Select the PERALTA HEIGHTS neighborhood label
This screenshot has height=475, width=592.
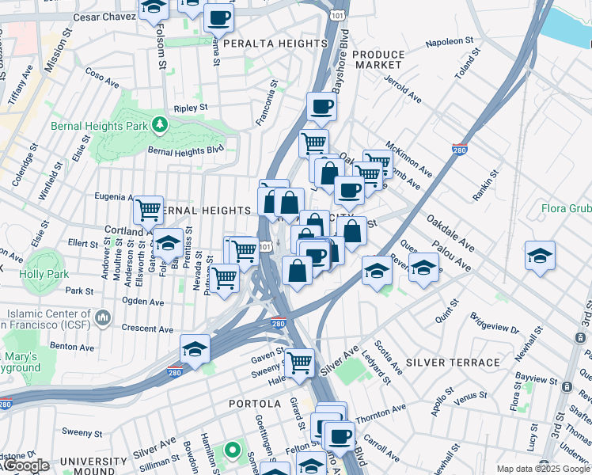click(x=275, y=43)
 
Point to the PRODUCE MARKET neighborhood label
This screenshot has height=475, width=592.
click(x=378, y=59)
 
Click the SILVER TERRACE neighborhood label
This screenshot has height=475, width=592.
click(x=453, y=363)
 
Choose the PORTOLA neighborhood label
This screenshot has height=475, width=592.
click(x=256, y=404)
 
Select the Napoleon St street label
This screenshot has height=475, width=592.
click(x=450, y=40)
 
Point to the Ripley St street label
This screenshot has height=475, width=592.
click(x=191, y=107)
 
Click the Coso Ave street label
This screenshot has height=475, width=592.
click(x=102, y=81)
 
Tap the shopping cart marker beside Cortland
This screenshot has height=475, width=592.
click(x=148, y=210)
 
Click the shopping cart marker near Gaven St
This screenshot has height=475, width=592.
click(x=300, y=362)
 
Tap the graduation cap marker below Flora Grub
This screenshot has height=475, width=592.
click(x=540, y=255)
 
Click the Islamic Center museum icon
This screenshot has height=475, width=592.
click(x=102, y=318)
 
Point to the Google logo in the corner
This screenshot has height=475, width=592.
click(x=25, y=465)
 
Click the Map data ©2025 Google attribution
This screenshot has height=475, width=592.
click(x=543, y=469)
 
